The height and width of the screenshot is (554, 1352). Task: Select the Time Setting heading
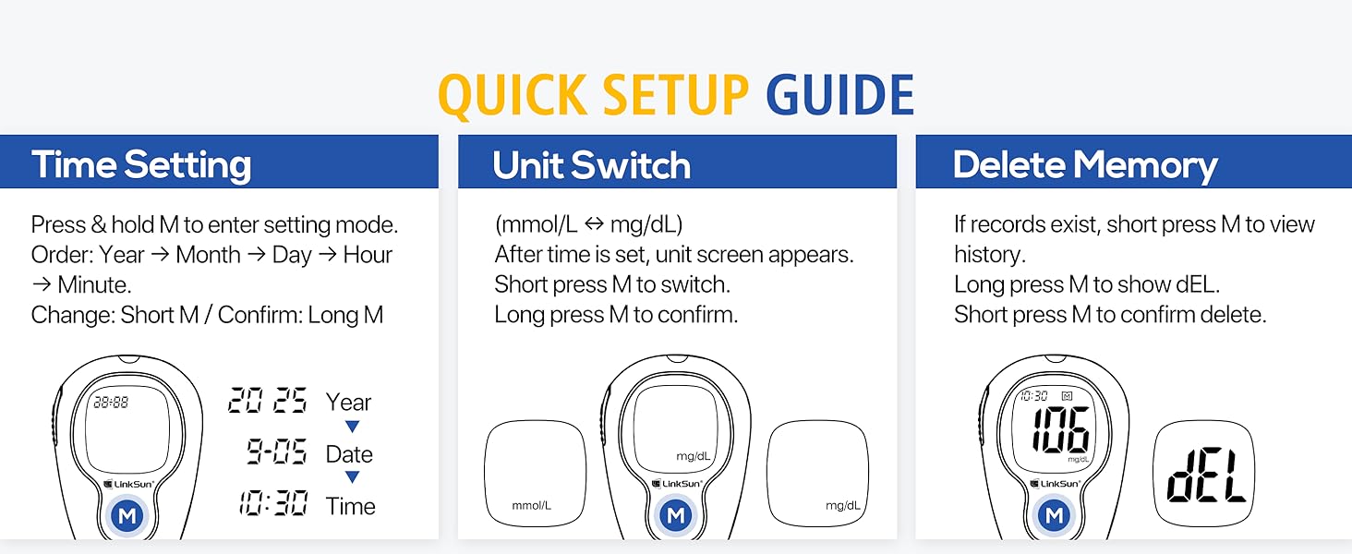pos(141,165)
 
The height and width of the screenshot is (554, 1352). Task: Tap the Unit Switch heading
pos(591,165)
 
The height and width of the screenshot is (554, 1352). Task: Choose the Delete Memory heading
pos(1085,165)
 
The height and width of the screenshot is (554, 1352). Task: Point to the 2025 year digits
pos(268,402)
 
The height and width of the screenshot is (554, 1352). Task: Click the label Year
pos(348,403)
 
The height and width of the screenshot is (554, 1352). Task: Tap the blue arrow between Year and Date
pos(352,427)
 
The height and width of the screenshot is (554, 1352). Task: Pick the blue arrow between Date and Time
pos(352,477)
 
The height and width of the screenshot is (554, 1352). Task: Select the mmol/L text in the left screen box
pos(531,505)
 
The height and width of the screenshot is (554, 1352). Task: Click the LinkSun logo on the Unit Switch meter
pos(676,483)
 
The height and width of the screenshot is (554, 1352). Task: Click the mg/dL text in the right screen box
pos(842,505)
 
